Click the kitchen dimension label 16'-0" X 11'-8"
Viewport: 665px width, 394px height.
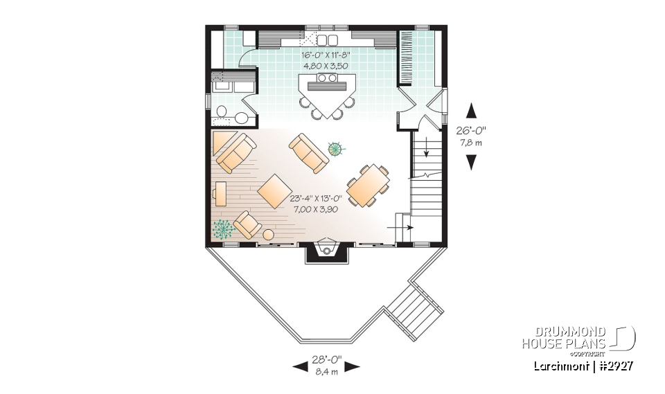coord(326,54)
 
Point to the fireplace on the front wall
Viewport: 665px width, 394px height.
coord(327,250)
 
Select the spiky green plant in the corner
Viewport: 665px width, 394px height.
coord(223,228)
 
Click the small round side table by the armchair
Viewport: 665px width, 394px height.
coord(269,235)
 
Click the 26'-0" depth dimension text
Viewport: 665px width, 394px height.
coord(472,131)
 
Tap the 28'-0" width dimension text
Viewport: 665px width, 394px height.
coord(326,361)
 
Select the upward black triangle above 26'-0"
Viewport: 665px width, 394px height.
coord(472,109)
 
